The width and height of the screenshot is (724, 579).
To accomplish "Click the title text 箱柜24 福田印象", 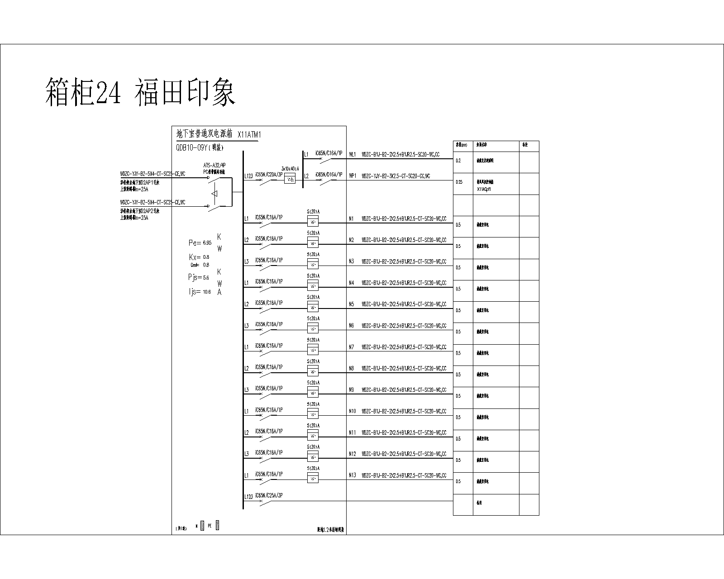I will (140, 92).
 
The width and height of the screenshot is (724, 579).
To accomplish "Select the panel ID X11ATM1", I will (249, 134).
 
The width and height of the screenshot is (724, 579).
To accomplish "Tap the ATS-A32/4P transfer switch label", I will (214, 165).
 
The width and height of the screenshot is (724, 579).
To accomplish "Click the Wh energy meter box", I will (290, 179).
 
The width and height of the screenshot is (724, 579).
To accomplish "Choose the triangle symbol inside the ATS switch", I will (215, 194).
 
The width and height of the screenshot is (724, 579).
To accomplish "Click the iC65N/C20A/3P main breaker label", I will (269, 174).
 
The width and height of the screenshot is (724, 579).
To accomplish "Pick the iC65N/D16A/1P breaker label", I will (329, 174).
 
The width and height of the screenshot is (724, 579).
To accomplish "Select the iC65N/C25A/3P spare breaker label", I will (269, 495).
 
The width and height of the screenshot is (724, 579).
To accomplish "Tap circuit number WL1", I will (352, 154).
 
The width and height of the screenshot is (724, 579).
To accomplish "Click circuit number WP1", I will (352, 176).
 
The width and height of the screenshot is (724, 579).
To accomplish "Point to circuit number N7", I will (352, 347).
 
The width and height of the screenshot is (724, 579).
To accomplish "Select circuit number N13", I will (352, 475).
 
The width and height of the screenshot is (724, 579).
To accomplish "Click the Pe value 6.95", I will (207, 243).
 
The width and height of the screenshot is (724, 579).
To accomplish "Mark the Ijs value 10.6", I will (207, 292).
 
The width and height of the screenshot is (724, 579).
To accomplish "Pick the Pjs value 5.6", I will (206, 278).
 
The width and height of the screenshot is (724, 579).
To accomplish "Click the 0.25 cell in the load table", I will (459, 182).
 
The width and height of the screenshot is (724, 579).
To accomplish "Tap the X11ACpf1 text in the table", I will (484, 189).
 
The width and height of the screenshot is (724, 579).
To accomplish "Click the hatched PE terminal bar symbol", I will (218, 526).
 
